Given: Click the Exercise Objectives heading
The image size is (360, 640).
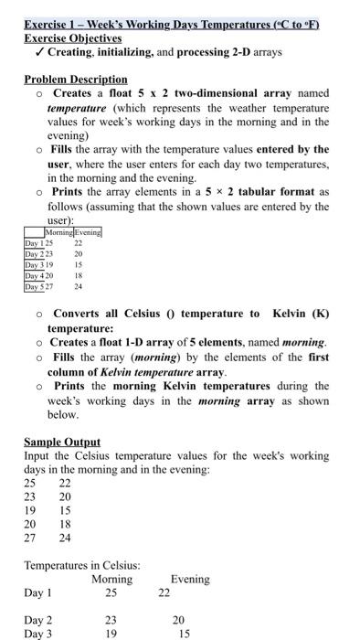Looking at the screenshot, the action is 72,38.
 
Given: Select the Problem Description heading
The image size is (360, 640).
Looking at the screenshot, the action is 76,80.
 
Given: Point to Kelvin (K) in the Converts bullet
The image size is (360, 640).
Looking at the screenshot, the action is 307,314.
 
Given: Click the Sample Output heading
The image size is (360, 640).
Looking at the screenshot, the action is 62,442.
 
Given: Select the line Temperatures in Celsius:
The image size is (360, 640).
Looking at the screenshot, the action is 81,566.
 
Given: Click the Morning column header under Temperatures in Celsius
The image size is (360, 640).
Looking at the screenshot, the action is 111,579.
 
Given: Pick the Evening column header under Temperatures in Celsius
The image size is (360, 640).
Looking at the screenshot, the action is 189,579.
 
